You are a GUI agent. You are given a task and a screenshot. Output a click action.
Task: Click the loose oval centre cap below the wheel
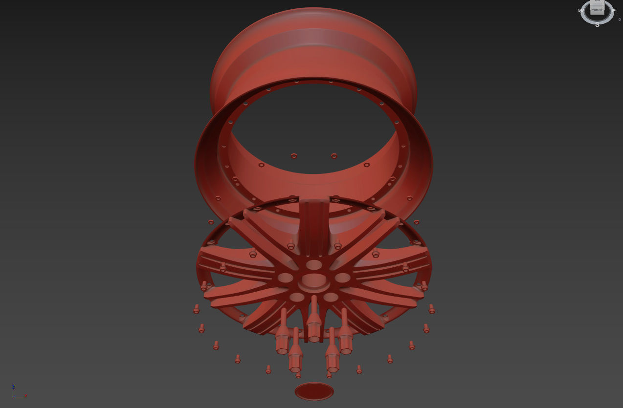click(x=314, y=391)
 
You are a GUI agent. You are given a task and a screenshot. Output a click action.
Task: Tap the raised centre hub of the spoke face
click(x=314, y=280)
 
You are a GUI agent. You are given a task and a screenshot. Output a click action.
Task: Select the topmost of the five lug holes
click(x=314, y=265)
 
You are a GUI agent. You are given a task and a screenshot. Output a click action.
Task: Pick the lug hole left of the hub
click(x=285, y=278)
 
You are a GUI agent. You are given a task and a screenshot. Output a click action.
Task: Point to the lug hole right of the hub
click(x=343, y=278)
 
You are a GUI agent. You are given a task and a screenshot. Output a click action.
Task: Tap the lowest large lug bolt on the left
click(x=295, y=354)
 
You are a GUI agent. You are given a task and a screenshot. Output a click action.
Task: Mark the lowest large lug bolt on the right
click(x=332, y=354)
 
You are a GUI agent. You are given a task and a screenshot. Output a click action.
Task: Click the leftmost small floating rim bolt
click(x=196, y=309)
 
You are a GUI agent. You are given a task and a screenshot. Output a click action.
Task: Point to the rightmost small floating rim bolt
click(x=432, y=309)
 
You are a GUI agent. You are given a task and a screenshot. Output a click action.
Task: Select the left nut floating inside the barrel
click(x=294, y=156)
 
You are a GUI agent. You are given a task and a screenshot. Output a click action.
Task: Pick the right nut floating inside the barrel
click(x=334, y=156)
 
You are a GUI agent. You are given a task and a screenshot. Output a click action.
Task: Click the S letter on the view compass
click(x=597, y=25)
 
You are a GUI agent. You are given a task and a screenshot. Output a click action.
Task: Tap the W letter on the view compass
click(x=580, y=10)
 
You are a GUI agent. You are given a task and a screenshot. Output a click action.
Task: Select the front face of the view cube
click(x=597, y=10)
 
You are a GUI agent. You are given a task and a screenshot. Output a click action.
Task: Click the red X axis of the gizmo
click(x=21, y=396)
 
